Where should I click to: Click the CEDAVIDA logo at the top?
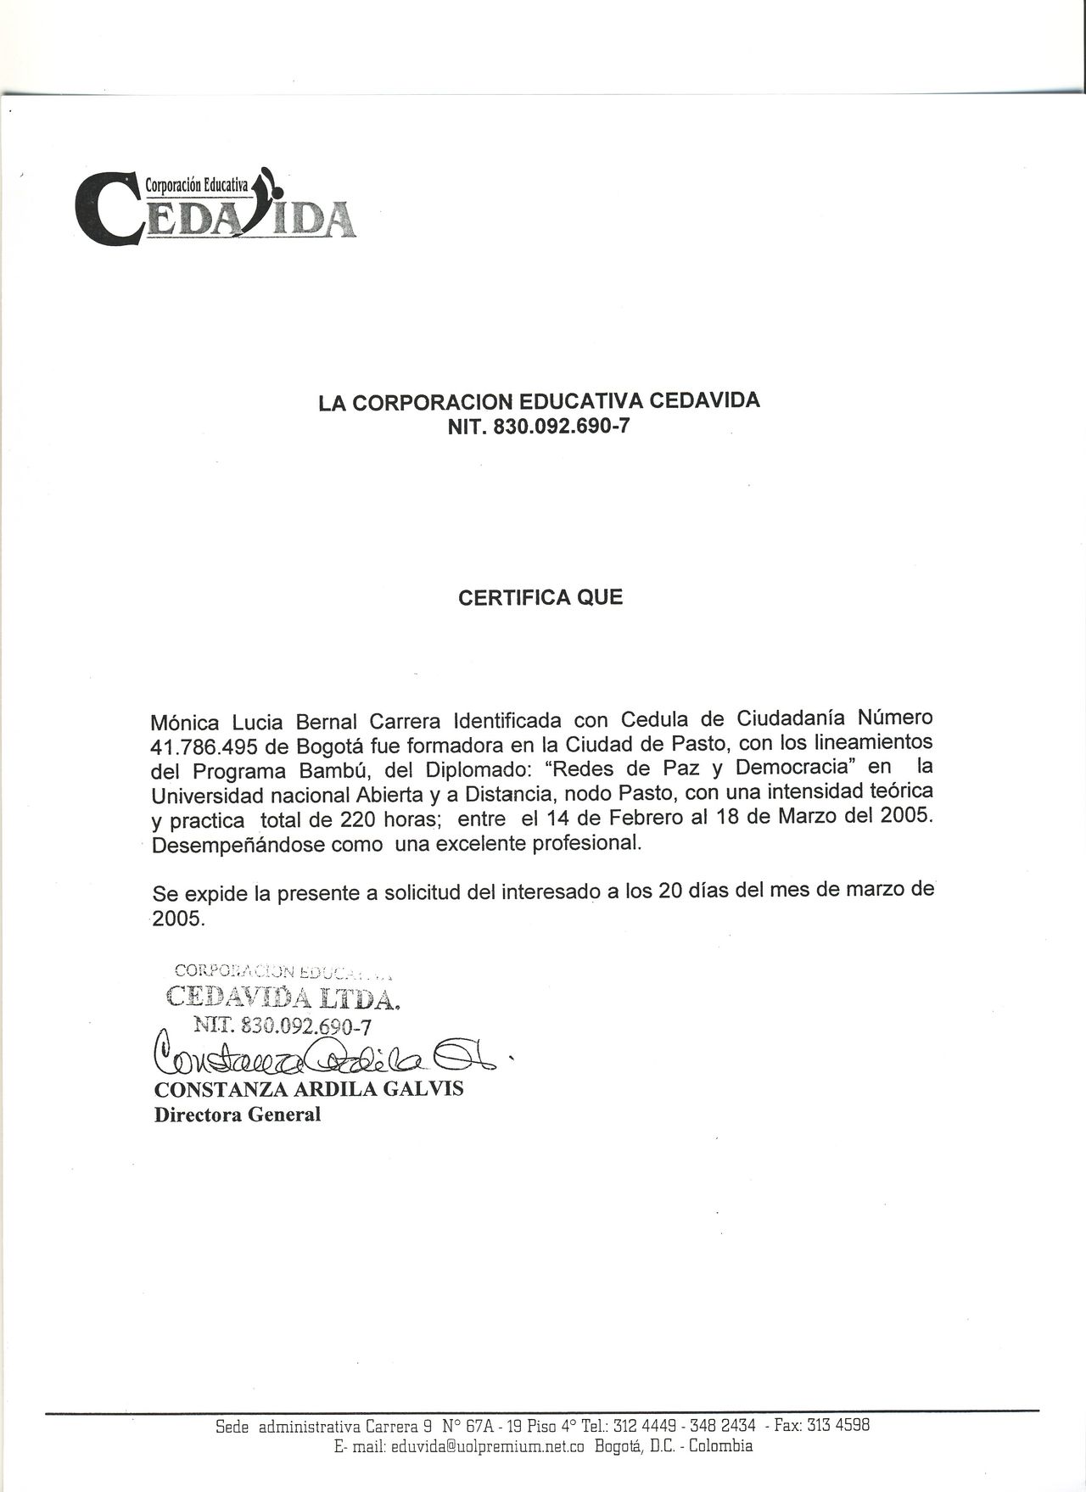tap(216, 207)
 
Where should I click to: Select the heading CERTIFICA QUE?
tap(540, 597)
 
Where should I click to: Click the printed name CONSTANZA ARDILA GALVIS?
tap(309, 1089)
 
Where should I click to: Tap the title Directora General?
tap(238, 1115)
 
